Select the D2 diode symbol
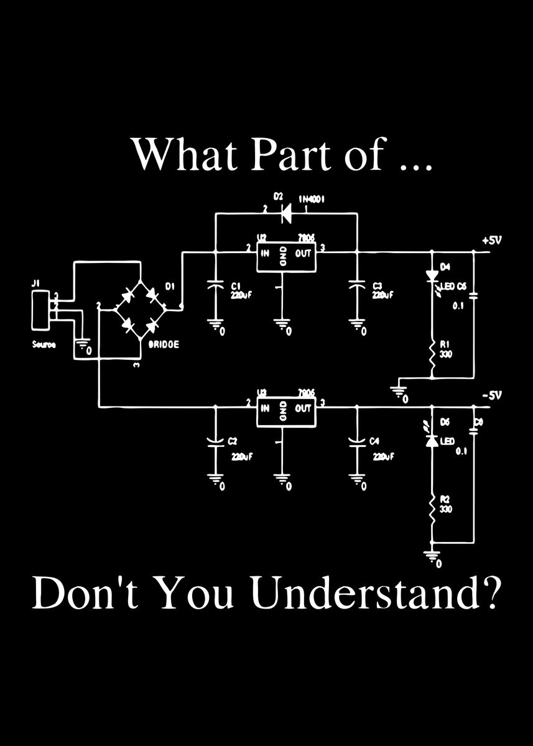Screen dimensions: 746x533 click(x=287, y=213)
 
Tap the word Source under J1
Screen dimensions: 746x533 click(x=43, y=344)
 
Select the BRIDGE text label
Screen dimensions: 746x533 click(x=164, y=344)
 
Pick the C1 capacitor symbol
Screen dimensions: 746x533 click(x=216, y=287)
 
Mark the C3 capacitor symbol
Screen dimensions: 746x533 click(x=357, y=287)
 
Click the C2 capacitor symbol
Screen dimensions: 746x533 click(x=216, y=441)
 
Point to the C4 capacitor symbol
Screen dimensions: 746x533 click(x=357, y=441)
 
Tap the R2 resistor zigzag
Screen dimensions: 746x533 click(x=431, y=511)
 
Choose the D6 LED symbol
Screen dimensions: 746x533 click(x=431, y=440)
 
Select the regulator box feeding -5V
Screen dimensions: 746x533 click(x=287, y=410)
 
